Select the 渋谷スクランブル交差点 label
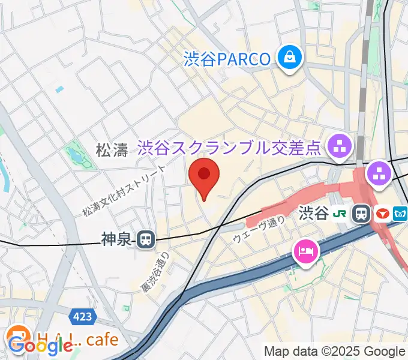tap(229, 147)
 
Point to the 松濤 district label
tap(112, 150)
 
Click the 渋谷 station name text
tap(313, 213)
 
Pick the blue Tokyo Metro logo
tap(400, 214)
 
